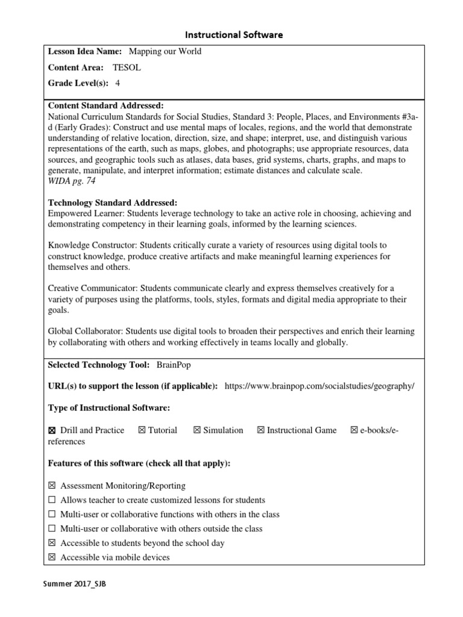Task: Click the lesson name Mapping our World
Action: pos(165,52)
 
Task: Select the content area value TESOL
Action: pos(127,68)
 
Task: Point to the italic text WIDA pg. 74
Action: pos(71,181)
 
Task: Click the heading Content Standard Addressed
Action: pos(106,105)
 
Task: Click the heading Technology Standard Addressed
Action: pos(113,203)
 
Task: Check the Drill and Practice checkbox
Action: pos(52,430)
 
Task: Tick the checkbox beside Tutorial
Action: pos(142,430)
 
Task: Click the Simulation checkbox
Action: pos(197,430)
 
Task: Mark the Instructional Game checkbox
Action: pos(260,430)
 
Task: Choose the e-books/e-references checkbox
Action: pos(354,430)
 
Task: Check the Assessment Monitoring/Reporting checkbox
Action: pos(52,486)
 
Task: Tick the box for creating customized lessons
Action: pos(52,500)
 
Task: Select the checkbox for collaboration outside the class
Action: pos(52,529)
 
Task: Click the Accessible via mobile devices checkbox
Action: pos(52,558)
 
